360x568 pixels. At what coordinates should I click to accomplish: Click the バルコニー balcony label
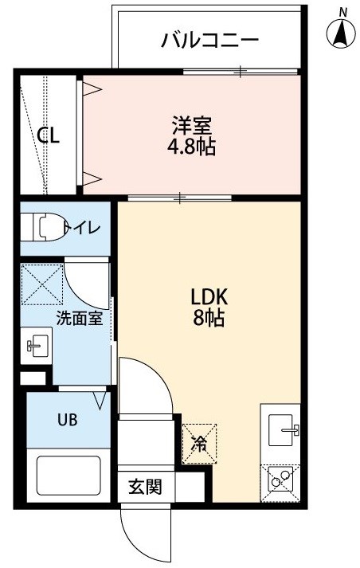point(209,39)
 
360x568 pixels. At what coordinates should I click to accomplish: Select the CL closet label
point(49,135)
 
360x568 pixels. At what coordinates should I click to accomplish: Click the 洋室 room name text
point(191,126)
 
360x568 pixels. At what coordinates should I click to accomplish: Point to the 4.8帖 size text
point(191,147)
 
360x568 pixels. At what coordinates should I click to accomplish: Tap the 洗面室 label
point(80,318)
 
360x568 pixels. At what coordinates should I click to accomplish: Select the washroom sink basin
point(37,346)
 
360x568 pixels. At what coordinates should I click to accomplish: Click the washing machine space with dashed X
point(41,284)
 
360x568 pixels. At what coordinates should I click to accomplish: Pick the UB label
point(68,420)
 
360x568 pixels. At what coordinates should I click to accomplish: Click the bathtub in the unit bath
point(68,475)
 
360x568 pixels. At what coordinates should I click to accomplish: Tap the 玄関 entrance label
point(145,487)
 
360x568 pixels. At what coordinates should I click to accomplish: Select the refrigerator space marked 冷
point(200,444)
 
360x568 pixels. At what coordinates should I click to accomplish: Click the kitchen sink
point(284,430)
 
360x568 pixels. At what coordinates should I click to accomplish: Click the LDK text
point(209,297)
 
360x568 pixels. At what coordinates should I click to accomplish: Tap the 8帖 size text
point(208,319)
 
